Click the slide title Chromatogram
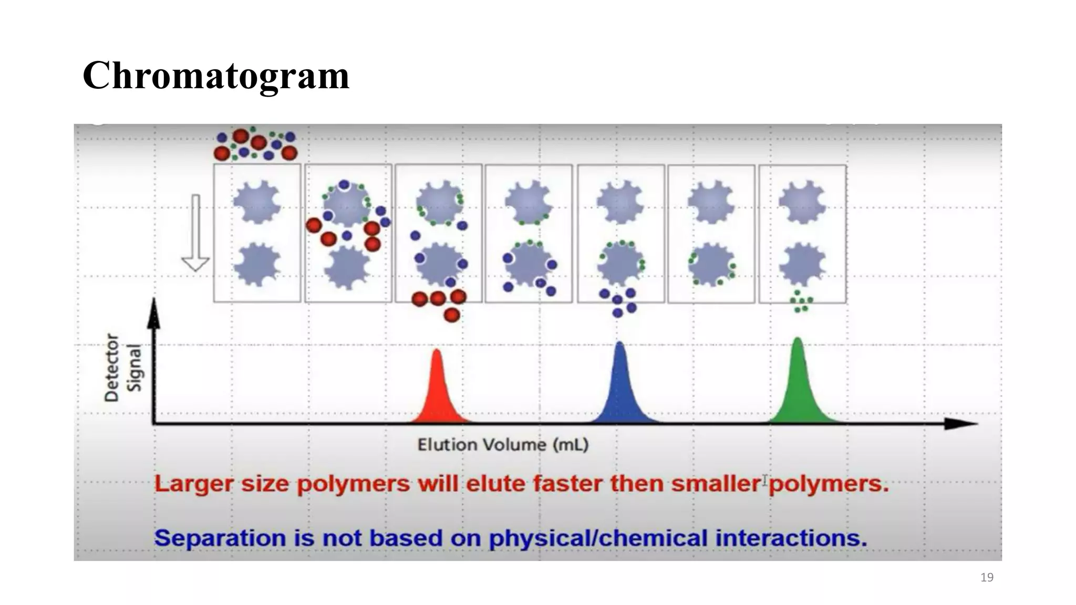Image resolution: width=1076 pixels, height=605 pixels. (x=215, y=76)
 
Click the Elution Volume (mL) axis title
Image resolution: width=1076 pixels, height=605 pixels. (x=503, y=445)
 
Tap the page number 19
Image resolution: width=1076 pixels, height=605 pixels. (x=987, y=578)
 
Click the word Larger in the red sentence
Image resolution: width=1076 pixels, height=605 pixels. (x=193, y=484)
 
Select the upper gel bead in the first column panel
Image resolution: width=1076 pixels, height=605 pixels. (x=256, y=202)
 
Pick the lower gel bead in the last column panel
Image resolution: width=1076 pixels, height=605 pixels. (x=802, y=264)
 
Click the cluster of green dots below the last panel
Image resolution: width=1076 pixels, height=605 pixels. (x=801, y=302)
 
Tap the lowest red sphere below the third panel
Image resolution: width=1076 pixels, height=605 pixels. (x=452, y=315)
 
